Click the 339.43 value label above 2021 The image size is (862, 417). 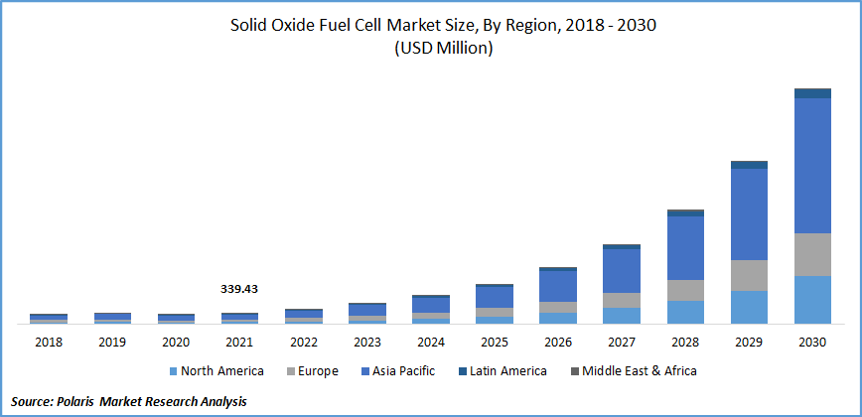[238, 289]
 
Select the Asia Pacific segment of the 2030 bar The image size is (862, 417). [812, 166]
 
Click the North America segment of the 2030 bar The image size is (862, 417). [812, 299]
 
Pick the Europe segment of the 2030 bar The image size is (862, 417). [812, 254]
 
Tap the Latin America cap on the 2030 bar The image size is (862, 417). [812, 93]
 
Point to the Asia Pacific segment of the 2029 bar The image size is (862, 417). [749, 213]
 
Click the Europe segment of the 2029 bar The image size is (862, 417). [749, 275]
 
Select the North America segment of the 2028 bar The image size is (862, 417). [685, 312]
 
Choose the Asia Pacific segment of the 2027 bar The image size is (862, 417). [622, 270]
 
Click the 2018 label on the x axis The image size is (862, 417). [48, 342]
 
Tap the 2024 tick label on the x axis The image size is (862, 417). [430, 342]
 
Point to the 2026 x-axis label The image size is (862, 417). [558, 342]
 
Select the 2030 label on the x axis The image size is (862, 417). [812, 342]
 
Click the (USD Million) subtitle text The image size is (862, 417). [430, 48]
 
